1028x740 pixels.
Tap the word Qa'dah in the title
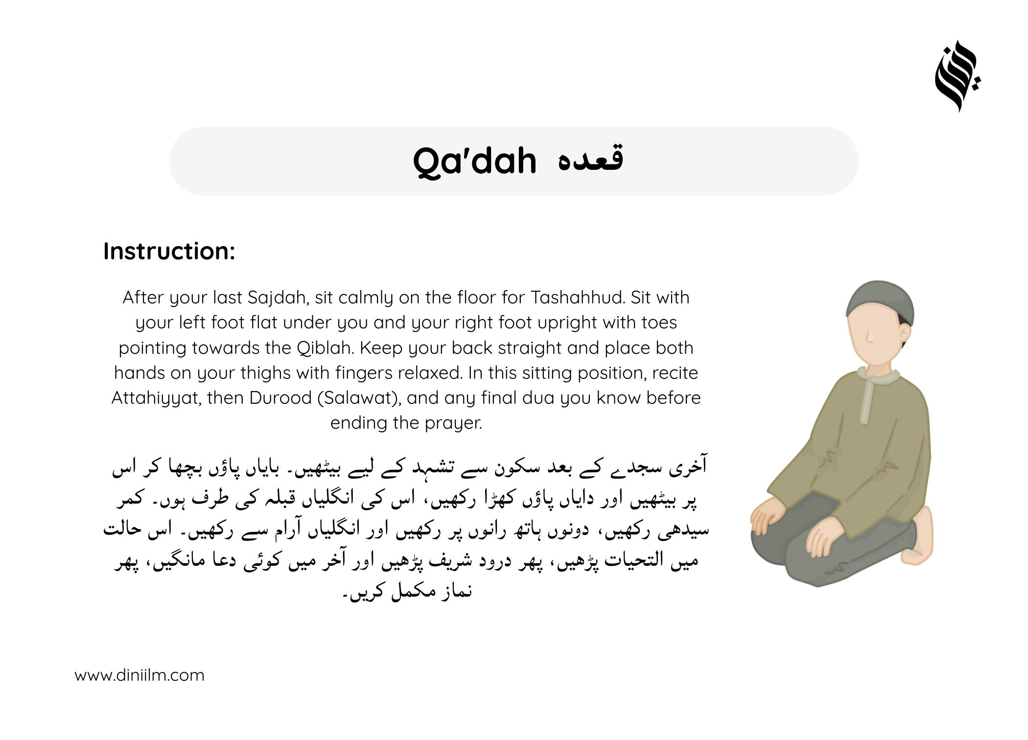[475, 161]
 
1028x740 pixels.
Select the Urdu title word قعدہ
[590, 158]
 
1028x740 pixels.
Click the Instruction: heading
[169, 251]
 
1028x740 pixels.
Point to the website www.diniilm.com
[140, 675]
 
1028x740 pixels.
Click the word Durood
[280, 398]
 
